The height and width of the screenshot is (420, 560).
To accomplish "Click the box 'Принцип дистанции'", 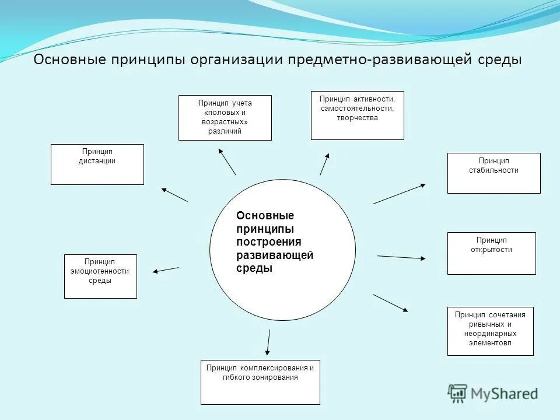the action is (97, 164).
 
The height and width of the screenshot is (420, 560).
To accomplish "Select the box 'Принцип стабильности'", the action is (494, 173).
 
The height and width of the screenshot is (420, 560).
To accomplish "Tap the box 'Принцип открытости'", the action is (491, 253).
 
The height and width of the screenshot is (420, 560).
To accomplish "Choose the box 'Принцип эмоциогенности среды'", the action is (100, 276).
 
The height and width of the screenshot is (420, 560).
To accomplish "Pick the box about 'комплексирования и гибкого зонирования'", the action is (260, 382).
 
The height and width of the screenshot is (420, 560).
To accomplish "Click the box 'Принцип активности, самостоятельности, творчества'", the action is (357, 115).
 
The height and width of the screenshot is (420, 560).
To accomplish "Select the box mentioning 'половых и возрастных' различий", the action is (225, 117).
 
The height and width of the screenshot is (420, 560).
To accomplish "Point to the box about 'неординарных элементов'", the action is (490, 331).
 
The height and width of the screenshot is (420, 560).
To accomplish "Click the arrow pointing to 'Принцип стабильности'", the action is (399, 194).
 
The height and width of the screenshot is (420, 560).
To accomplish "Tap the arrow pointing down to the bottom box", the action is (268, 342).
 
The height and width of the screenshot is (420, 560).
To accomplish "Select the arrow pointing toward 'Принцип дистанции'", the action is (174, 195).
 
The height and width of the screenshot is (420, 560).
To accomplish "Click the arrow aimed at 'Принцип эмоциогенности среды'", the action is (166, 269).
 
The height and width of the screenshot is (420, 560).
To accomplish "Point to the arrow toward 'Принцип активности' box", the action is (324, 164).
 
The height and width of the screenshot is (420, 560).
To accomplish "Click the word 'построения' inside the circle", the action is (268, 242).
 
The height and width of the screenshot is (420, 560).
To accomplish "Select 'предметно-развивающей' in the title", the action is (374, 60).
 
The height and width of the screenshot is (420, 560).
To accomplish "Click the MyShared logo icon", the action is (458, 393).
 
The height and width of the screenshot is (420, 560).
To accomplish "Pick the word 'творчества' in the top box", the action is (357, 118).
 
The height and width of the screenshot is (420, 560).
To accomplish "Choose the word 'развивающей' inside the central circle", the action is (275, 255).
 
